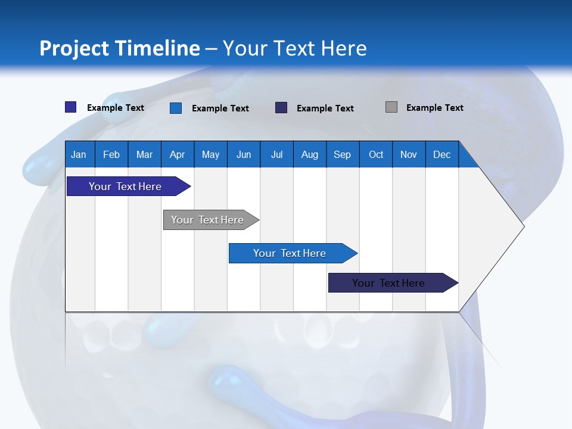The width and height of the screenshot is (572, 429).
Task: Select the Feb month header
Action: (111, 154)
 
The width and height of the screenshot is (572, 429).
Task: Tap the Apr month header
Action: (178, 154)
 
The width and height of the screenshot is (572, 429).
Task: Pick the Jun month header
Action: (244, 154)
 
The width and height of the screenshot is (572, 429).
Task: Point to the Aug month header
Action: (310, 154)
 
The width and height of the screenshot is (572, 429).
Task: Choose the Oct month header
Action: (376, 154)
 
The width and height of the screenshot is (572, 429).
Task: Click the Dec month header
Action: (442, 154)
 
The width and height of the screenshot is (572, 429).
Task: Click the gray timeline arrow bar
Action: (211, 220)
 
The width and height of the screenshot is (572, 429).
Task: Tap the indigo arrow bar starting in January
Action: (129, 186)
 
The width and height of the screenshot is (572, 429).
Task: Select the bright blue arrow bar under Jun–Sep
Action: (293, 253)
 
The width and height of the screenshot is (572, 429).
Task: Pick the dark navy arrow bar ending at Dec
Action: (393, 282)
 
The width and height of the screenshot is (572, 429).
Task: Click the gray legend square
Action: (391, 107)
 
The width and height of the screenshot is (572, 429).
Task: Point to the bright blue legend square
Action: (176, 108)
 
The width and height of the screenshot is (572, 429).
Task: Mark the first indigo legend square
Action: (71, 107)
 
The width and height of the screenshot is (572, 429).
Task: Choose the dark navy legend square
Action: (281, 108)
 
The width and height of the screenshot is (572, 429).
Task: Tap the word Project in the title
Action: (74, 49)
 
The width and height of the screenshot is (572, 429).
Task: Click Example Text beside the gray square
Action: (435, 108)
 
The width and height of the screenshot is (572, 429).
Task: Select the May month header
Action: (210, 154)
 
